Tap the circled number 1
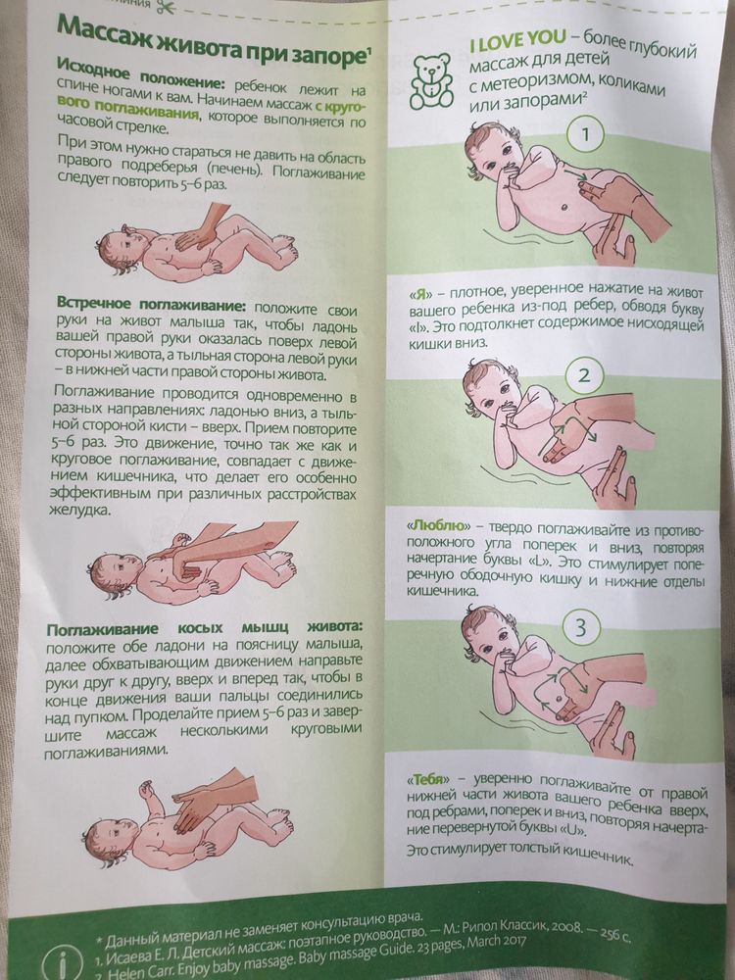[584, 135]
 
